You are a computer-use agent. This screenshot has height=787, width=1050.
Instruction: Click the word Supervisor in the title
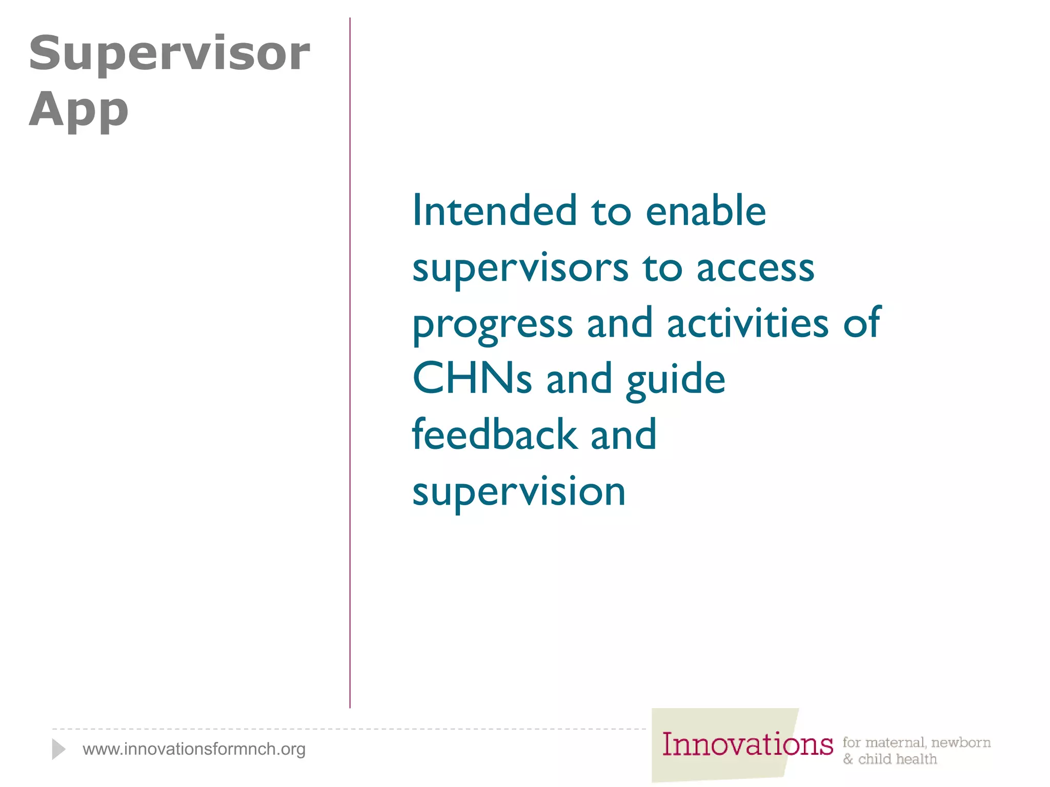pyautogui.click(x=169, y=54)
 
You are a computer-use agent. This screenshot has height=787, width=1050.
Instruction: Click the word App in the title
pyautogui.click(x=78, y=110)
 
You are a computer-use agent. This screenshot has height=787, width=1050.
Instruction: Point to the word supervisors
pyautogui.click(x=520, y=268)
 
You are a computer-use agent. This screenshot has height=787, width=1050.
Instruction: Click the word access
pyautogui.click(x=755, y=268)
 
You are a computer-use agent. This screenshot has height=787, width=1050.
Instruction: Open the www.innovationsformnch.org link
pyautogui.click(x=194, y=749)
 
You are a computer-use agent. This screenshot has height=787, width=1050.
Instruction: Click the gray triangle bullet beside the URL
pyautogui.click(x=58, y=749)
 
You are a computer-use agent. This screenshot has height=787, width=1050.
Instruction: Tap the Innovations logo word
pyautogui.click(x=747, y=744)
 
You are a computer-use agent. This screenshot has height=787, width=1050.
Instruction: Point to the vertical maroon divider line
pyautogui.click(x=350, y=359)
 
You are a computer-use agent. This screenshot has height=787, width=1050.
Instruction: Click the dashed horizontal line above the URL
pyautogui.click(x=349, y=729)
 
